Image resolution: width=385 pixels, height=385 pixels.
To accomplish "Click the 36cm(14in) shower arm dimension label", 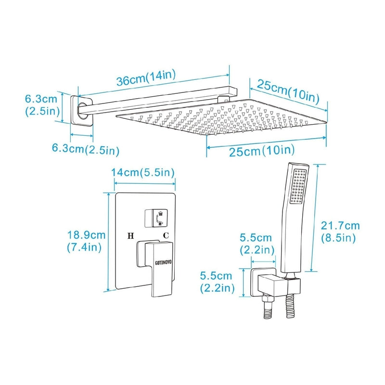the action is [146, 77].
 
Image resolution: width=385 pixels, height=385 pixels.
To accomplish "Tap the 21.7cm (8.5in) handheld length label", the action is [340, 232].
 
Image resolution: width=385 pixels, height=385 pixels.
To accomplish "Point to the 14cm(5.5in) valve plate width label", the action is [143, 173].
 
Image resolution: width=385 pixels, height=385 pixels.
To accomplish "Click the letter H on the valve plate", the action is [130, 236].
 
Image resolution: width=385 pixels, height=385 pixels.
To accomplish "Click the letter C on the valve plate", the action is [166, 235].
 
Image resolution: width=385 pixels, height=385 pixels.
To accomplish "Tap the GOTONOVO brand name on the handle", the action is [163, 263].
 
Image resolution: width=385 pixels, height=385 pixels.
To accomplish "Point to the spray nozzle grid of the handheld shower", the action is [298, 186].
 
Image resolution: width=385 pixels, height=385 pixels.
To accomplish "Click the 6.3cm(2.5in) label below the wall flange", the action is [86, 149].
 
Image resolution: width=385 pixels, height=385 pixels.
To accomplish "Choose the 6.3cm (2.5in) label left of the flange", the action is [42, 105].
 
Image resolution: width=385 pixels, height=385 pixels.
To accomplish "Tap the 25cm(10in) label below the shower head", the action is [262, 150].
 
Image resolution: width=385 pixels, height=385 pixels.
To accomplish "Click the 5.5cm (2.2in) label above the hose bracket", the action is [257, 244].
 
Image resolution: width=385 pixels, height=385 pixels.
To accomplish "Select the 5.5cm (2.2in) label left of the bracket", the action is [217, 282].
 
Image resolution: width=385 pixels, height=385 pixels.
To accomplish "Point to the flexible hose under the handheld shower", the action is [291, 307].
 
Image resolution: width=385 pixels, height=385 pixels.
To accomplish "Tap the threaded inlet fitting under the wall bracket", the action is [268, 308].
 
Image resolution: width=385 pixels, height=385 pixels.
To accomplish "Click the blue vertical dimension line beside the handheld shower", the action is [315, 218].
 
